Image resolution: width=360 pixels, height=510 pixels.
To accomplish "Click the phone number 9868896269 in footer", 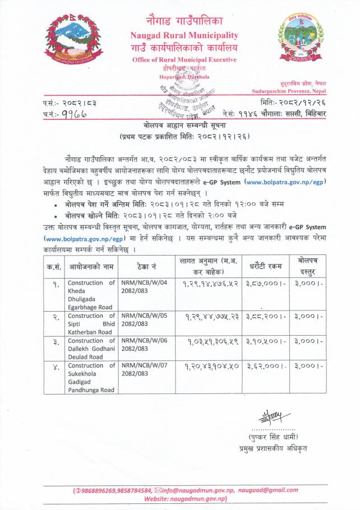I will point(103,490).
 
